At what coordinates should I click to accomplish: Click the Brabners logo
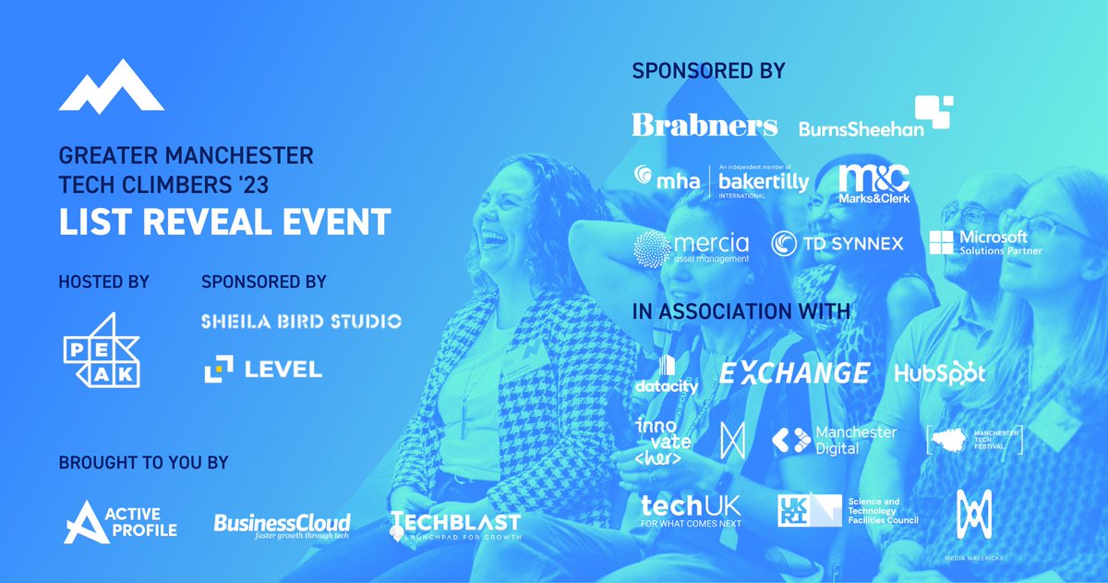[705, 125]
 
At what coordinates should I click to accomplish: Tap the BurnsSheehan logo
[874, 119]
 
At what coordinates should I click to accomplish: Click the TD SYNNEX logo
[837, 244]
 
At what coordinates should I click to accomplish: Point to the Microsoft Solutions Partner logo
[985, 243]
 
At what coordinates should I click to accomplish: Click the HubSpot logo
[940, 373]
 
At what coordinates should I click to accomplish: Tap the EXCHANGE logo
[794, 373]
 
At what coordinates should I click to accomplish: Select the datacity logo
[666, 375]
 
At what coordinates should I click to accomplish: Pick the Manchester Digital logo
[834, 440]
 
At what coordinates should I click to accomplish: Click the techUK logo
[691, 510]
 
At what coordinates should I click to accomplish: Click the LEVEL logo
[263, 370]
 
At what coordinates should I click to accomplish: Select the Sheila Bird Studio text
[301, 322]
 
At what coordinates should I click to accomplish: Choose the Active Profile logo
[120, 522]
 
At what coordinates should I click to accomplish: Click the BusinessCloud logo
[282, 526]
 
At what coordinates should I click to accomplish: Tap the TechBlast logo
[455, 526]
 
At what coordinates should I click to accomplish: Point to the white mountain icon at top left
[111, 91]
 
